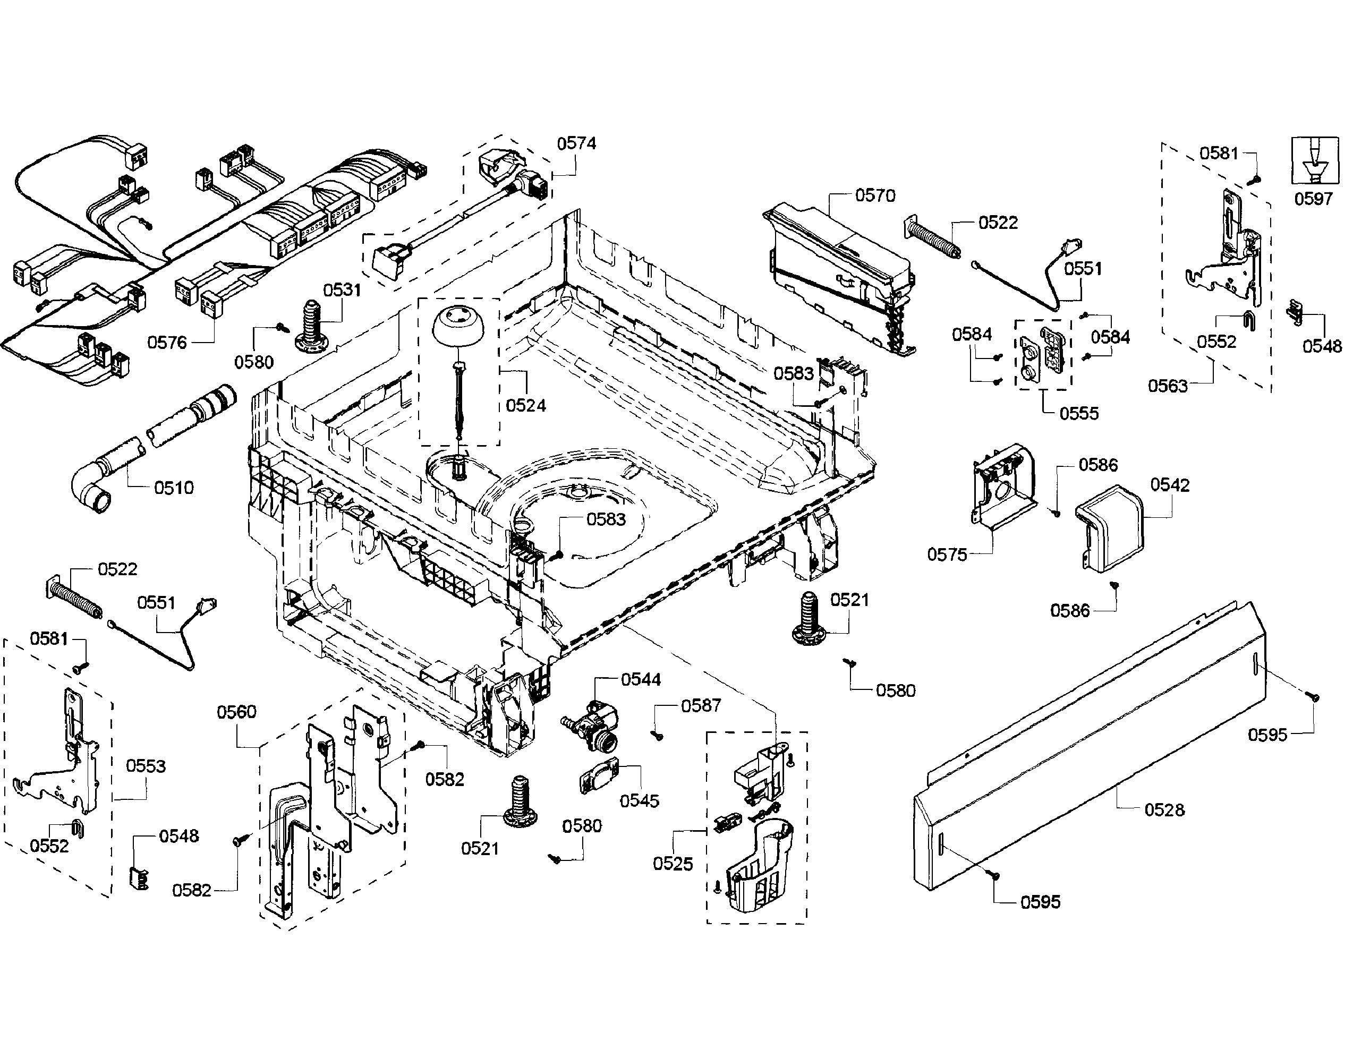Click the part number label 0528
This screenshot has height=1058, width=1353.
pos(1164,809)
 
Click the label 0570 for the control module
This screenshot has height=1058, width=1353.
pos(875,196)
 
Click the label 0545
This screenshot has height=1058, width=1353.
pos(640,800)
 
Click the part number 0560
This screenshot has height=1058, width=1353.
pos(236,712)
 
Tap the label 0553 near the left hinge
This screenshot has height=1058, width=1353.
pos(146,766)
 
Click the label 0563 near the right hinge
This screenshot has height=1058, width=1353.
pos(1168,386)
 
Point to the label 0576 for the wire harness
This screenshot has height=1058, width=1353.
pos(167,343)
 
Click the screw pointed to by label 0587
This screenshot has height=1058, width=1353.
pos(657,735)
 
